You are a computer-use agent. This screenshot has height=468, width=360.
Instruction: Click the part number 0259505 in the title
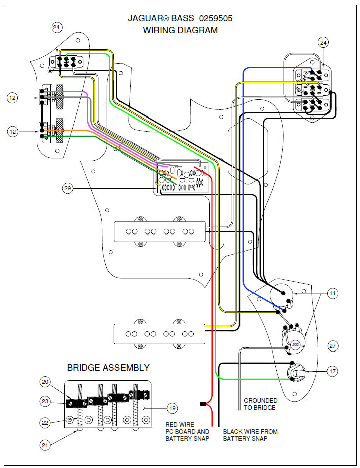coord(215,18)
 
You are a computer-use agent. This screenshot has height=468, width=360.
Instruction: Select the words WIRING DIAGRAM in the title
coord(180,30)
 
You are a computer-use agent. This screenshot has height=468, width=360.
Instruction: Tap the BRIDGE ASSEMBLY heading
coord(108,368)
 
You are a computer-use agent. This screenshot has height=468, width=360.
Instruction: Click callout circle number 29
coord(69,189)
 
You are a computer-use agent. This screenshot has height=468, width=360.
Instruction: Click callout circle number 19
coord(172,408)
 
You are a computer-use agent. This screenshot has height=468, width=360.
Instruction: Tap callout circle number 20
coord(46,382)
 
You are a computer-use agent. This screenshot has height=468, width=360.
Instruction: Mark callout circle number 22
coord(46,422)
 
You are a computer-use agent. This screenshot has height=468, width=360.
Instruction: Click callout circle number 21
coord(46,444)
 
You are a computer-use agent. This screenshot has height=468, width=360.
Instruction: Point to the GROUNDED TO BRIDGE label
coord(260,404)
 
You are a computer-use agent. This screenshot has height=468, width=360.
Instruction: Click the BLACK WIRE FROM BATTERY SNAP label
coord(250,435)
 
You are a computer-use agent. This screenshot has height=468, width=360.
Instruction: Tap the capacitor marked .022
coord(295,345)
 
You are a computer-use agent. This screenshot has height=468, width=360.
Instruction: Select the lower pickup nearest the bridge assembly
coord(159,334)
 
